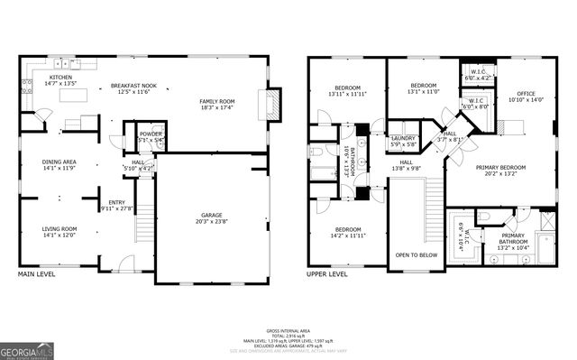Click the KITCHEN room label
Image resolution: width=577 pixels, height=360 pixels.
tap(60, 78)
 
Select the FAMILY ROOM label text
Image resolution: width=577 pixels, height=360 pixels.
tap(217, 101)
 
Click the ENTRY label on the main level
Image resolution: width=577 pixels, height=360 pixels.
tap(117, 202)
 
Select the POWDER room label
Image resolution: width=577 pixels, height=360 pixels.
tap(150, 134)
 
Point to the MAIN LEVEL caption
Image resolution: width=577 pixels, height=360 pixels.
tap(38, 273)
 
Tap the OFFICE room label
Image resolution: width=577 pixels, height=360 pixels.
tap(526, 93)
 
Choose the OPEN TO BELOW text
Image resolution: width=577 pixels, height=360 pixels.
tap(416, 254)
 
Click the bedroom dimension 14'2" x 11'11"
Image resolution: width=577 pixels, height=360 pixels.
tap(347, 235)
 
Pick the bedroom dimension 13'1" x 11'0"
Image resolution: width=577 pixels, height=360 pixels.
tap(424, 91)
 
